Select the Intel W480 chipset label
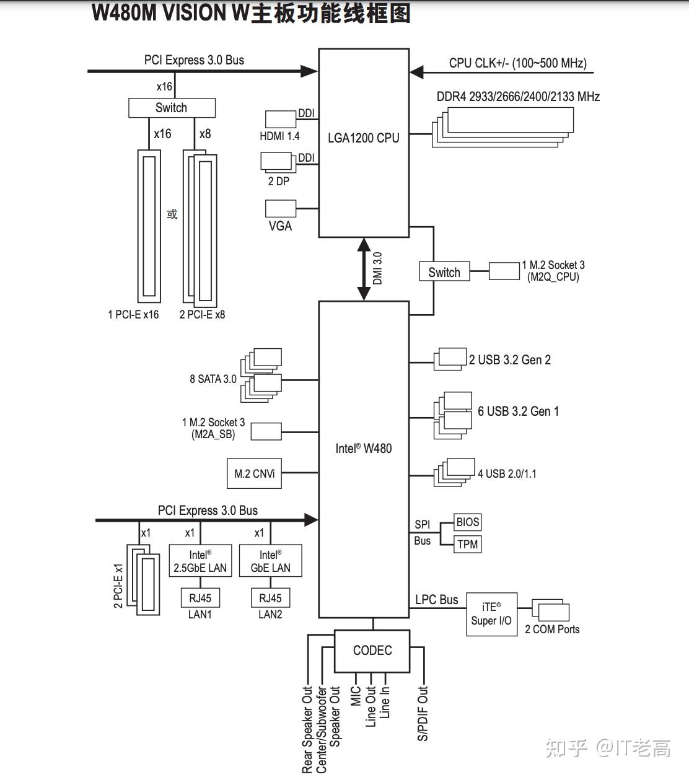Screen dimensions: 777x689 click(364, 449)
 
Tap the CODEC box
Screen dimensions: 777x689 click(372, 651)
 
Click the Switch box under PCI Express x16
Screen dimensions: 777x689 click(172, 108)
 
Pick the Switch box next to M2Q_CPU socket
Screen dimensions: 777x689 click(444, 272)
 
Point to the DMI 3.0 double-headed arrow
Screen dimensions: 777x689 click(364, 269)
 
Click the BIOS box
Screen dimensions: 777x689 click(467, 522)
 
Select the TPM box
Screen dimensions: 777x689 click(467, 545)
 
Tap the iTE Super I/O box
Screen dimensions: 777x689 click(491, 613)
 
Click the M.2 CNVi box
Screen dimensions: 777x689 click(254, 474)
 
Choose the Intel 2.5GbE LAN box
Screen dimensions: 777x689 click(200, 561)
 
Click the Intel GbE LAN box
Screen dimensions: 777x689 click(270, 561)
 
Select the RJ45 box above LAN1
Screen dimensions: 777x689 click(200, 599)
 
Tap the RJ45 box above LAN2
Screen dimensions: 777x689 click(270, 599)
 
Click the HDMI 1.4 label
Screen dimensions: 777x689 click(279, 136)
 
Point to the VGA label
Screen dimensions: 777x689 click(280, 226)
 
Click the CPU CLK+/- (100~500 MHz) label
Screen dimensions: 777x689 click(517, 63)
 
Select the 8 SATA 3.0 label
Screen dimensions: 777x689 click(213, 379)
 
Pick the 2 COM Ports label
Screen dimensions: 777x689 click(552, 630)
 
